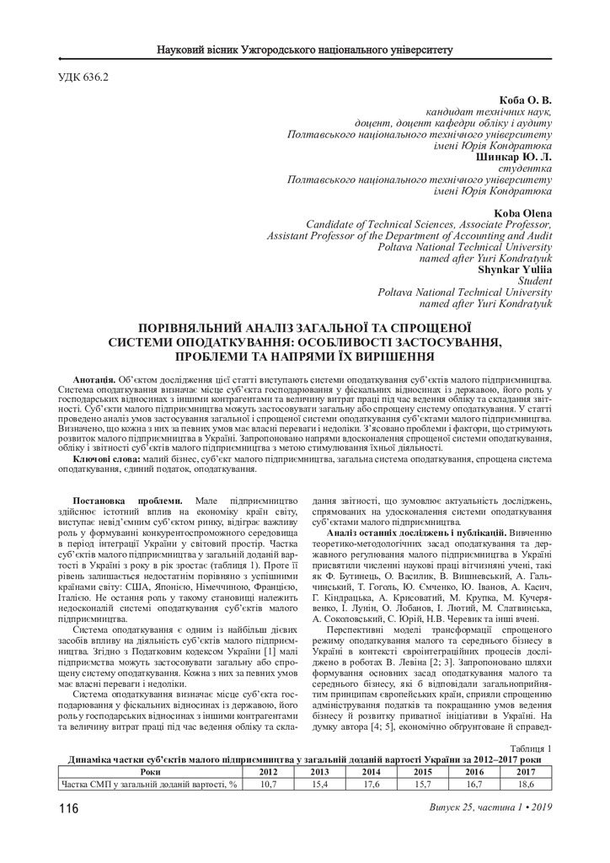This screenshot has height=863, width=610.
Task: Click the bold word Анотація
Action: point(94,381)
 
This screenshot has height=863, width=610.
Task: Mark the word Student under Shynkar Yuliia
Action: point(535,281)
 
